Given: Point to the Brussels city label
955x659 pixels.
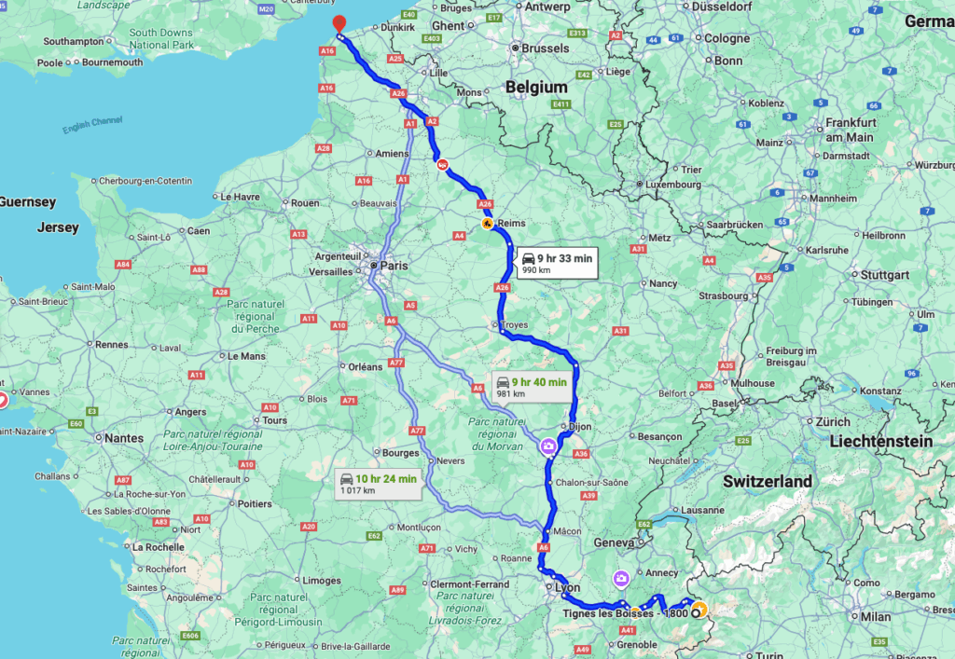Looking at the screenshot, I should click(545, 48).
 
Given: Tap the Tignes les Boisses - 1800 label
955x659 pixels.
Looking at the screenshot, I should click(625, 612).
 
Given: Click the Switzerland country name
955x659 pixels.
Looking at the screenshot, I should click(767, 481).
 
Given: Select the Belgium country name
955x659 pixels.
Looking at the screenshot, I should click(535, 87).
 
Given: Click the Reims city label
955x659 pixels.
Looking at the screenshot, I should click(512, 224).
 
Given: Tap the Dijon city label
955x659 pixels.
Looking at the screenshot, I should click(578, 426).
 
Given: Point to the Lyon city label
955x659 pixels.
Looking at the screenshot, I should click(567, 587).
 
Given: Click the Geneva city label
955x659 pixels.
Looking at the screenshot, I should click(614, 542).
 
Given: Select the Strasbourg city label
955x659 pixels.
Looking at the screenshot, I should click(722, 296).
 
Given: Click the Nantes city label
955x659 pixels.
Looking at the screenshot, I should click(124, 437).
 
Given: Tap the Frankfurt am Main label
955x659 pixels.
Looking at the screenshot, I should click(849, 130).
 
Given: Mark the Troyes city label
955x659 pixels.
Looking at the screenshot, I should click(514, 325).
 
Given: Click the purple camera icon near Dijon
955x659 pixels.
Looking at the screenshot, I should click(549, 446).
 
